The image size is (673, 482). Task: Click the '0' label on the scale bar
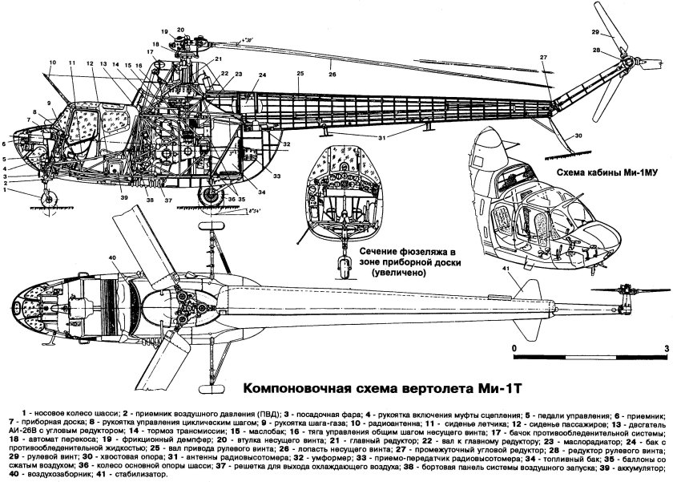click(x=513, y=348)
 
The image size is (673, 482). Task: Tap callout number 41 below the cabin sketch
click(x=504, y=269)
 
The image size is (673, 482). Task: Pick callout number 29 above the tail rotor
click(x=595, y=31)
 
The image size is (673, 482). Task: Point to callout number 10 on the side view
click(x=52, y=63)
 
